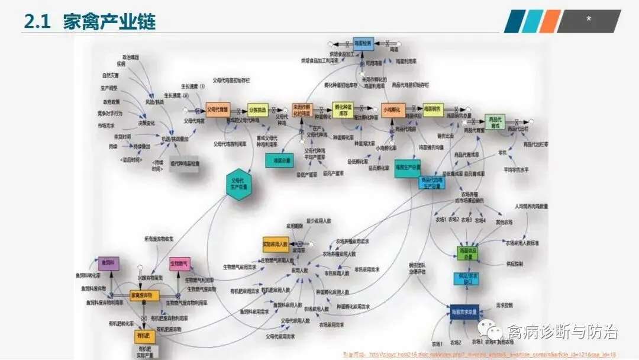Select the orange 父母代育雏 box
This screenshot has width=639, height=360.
218,110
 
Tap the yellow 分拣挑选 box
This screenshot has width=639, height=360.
258,110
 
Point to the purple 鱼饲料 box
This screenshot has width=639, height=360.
108,263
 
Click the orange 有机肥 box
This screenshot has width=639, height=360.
144,337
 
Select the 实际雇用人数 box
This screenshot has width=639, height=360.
275,243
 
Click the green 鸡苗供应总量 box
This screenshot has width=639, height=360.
467,253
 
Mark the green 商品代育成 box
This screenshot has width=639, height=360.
496,122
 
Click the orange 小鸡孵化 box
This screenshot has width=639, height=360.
393,110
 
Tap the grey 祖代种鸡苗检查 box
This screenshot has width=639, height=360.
185,164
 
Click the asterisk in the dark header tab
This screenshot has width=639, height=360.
588,20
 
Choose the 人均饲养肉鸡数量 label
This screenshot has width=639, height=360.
531,207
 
